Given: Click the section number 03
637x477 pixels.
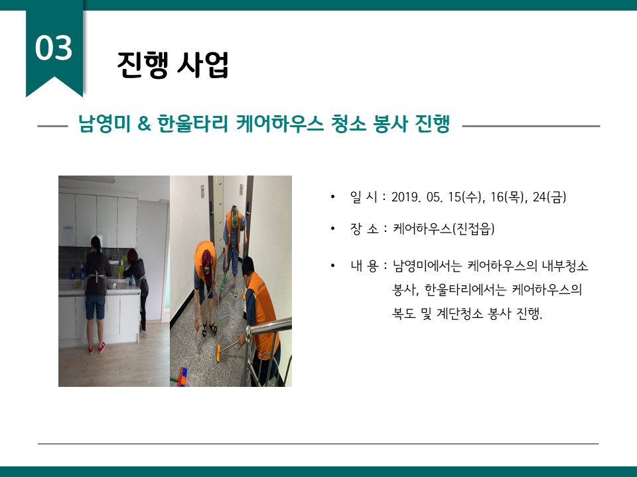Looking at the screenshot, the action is [x=54, y=48].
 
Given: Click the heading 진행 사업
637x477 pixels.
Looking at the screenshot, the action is [x=173, y=64].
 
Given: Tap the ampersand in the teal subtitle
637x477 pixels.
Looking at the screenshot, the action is [x=144, y=123].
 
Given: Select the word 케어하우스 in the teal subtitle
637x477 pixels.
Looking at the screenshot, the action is [x=280, y=123].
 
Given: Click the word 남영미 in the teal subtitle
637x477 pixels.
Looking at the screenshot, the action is [x=104, y=123].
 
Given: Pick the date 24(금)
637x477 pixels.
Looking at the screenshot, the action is [x=549, y=197].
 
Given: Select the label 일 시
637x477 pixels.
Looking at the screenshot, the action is [x=364, y=197].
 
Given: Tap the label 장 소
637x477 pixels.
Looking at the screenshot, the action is [x=364, y=229].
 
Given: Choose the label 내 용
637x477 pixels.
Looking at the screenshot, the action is [x=364, y=266].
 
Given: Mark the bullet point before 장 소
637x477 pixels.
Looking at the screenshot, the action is [x=332, y=229].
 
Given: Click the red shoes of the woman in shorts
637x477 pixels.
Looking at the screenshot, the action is [x=96, y=348].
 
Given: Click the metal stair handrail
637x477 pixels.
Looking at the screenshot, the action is [x=269, y=327].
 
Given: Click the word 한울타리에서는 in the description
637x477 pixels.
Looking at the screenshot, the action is [x=465, y=290].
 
